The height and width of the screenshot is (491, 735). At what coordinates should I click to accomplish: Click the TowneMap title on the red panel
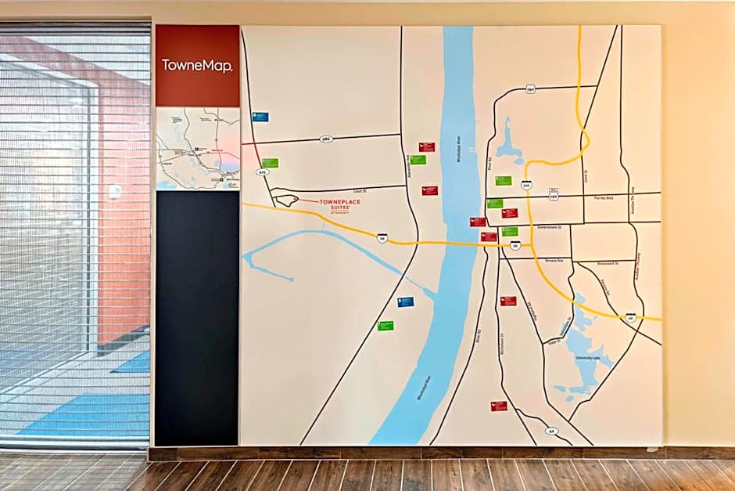[x=197, y=66]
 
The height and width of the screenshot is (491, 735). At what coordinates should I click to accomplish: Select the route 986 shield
[x=326, y=139]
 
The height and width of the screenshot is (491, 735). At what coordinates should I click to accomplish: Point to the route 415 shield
[x=261, y=171]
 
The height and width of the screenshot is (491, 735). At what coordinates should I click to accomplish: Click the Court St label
[x=360, y=190]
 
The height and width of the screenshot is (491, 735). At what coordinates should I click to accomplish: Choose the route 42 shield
[x=551, y=431]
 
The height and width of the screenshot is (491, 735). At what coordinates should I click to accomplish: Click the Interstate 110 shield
[x=526, y=186]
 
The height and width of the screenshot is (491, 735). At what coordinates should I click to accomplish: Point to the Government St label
[x=550, y=227]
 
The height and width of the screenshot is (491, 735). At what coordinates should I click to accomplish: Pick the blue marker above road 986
[x=260, y=117]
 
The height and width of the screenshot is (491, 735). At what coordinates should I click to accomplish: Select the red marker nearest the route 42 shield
[x=499, y=406]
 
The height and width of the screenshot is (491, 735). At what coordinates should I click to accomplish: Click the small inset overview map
[x=197, y=149]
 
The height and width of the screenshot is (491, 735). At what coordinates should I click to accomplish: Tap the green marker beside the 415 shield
[x=270, y=163]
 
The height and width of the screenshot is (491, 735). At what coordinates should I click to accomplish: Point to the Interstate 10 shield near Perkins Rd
[x=630, y=317]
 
